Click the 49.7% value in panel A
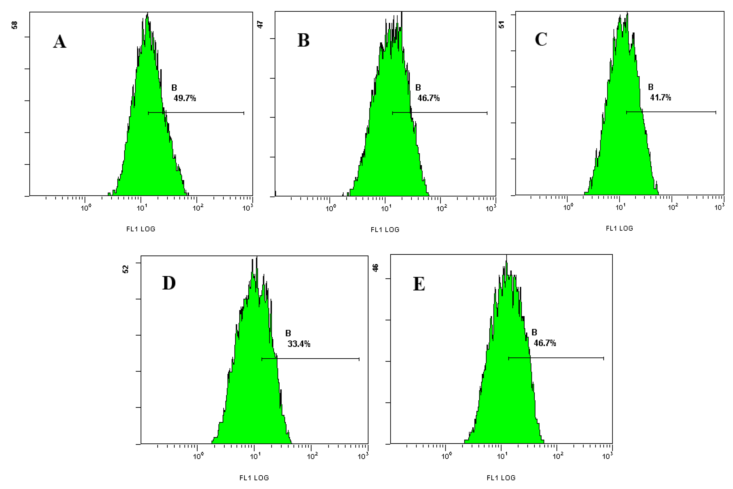pos(185,98)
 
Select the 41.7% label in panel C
pos(660,98)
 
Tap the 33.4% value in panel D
pos(299,344)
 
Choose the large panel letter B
pos(303,41)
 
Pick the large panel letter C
pos(541,40)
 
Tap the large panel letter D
pos(169,283)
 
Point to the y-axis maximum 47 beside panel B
pos(260,25)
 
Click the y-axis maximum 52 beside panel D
pos(125,269)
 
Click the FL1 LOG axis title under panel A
pos(141,229)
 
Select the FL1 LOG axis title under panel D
pos(254,478)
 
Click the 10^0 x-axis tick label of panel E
pos(446,457)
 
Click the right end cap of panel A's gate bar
pos(244,113)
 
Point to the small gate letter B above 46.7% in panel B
pos(418,88)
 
